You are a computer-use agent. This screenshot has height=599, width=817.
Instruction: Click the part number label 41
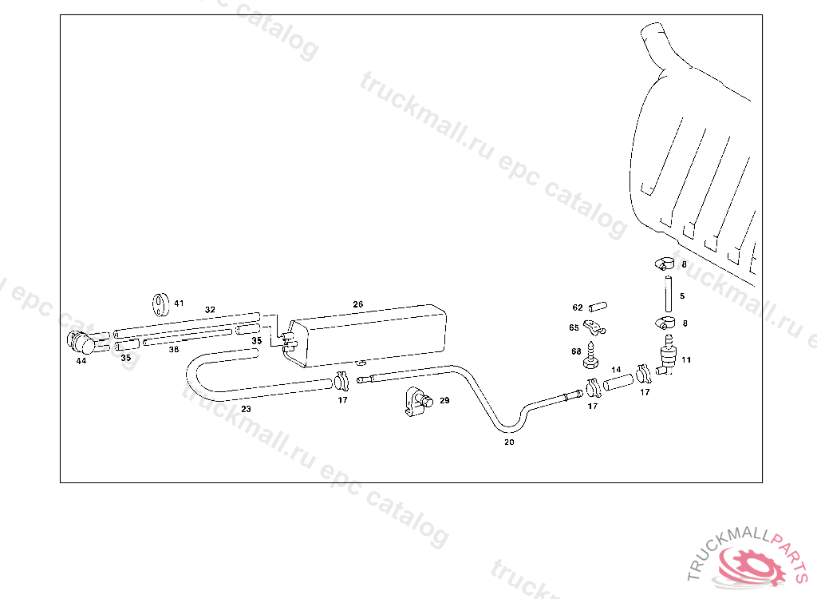(179, 303)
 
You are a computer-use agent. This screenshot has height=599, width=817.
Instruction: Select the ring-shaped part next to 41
(161, 303)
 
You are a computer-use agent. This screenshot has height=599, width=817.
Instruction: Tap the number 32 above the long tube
(210, 309)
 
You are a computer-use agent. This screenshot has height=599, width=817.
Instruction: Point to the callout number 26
(358, 304)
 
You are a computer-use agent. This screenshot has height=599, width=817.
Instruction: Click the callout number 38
(173, 349)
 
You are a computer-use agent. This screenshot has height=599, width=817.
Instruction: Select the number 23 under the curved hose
(247, 409)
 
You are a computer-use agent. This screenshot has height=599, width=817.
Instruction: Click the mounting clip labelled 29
(415, 401)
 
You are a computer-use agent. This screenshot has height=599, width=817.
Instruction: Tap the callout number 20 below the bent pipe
(509, 442)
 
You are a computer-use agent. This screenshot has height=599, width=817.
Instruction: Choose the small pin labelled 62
(598, 307)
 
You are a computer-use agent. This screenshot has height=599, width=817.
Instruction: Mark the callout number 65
(574, 327)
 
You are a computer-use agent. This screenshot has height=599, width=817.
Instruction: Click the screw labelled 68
(591, 355)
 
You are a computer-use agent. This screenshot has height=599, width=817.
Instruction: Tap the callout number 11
(686, 360)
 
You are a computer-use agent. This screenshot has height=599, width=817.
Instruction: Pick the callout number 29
(444, 400)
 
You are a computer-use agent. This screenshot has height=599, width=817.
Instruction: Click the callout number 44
(81, 361)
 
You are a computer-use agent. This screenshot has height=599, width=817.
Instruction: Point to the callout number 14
(616, 370)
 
